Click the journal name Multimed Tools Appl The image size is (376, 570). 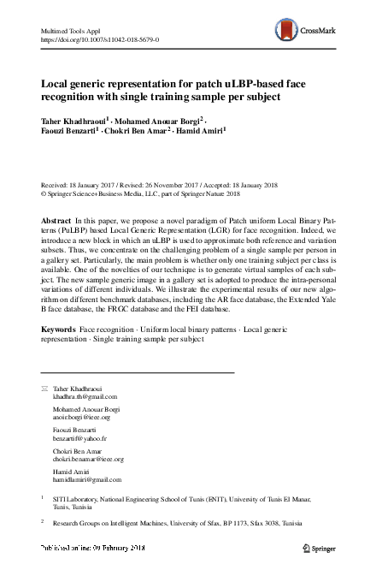pos(73,30)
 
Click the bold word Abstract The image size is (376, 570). pos(56,220)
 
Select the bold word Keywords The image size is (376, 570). pos(59,329)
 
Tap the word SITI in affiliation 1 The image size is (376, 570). pos(61,497)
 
